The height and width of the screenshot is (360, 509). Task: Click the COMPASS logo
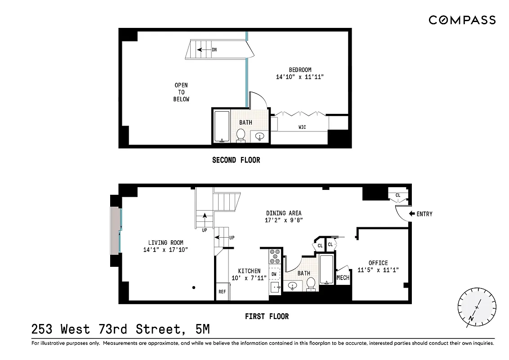[x=462, y=20]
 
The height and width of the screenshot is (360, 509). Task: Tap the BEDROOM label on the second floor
[x=300, y=70]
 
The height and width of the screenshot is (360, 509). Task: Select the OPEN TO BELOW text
[x=181, y=92]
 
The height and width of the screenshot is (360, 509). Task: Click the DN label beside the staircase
[x=214, y=50]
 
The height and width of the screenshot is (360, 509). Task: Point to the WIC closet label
[x=302, y=127]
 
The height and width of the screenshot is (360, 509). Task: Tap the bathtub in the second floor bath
[x=221, y=126]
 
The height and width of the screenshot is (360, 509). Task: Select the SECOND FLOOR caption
[x=236, y=160]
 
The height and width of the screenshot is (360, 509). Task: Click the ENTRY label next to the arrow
[x=424, y=214]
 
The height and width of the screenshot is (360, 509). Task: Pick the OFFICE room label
[x=378, y=263]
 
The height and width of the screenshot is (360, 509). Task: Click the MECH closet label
[x=343, y=278]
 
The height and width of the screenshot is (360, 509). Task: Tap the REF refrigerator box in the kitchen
[x=222, y=291]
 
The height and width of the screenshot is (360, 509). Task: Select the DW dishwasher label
[x=274, y=274]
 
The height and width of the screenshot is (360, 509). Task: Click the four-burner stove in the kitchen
[x=275, y=257]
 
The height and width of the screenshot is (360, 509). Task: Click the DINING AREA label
[x=283, y=213]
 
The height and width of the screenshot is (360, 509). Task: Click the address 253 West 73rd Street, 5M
[x=121, y=330]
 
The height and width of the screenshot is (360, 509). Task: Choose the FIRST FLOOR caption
[x=267, y=316]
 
